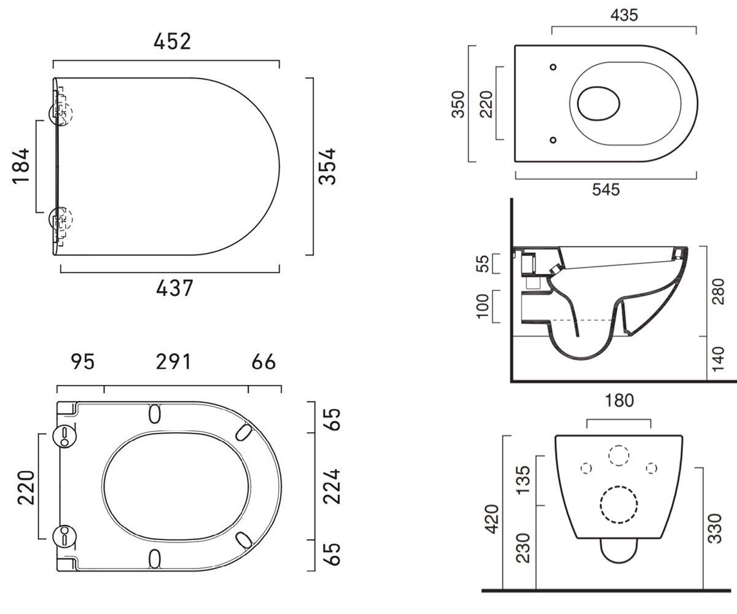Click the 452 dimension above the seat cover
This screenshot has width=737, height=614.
click(x=172, y=41)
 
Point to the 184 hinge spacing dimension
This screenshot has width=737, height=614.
click(x=21, y=166)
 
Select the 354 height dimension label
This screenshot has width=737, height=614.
click(x=327, y=166)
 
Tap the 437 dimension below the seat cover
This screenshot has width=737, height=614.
click(x=174, y=288)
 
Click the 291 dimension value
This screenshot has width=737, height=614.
click(x=173, y=362)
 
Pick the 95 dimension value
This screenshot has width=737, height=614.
click(x=82, y=362)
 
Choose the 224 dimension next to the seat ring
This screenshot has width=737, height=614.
click(x=332, y=487)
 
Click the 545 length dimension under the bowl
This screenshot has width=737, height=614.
click(x=606, y=190)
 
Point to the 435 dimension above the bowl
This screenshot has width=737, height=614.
click(x=624, y=15)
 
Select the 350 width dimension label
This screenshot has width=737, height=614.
click(x=459, y=104)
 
